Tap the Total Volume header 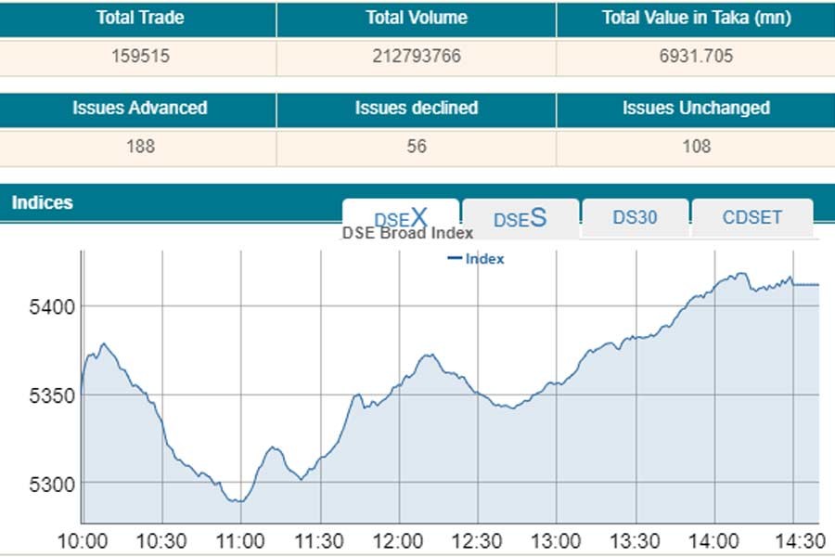pos(417,18)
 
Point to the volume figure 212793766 pos(417,57)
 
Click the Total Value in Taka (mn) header pos(696,18)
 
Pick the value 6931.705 pos(696,57)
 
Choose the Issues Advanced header pos(139,108)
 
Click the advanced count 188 pos(139,147)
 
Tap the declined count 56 pos(417,147)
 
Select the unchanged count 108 pos(696,147)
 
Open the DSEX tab pos(401,218)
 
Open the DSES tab pos(520,218)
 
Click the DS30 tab pos(635,218)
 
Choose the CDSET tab pos(752,218)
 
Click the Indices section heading pos(43,202)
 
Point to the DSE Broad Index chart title pos(408,233)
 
